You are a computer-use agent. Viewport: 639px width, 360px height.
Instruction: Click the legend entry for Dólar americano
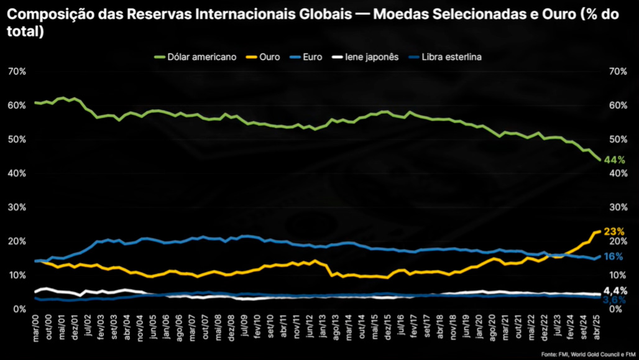click(196, 57)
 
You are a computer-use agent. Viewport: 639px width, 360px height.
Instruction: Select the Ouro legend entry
click(264, 57)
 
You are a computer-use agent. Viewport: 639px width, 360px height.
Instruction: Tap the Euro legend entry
click(306, 57)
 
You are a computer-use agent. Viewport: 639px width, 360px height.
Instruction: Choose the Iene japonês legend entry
click(365, 57)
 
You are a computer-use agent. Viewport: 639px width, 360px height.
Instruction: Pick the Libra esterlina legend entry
click(445, 57)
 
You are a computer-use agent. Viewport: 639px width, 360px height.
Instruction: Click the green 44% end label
click(614, 160)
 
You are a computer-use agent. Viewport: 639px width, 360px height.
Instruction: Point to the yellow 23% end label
click(614, 231)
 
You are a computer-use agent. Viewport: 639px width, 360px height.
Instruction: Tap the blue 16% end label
click(614, 256)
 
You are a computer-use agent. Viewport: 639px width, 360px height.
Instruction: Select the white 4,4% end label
click(615, 291)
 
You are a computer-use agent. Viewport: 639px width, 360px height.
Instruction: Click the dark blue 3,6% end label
click(614, 300)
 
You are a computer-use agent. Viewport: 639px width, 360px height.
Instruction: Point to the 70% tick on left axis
click(17, 72)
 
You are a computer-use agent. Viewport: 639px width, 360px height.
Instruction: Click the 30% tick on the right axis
click(618, 207)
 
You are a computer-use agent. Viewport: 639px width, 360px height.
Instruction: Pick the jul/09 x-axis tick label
click(244, 326)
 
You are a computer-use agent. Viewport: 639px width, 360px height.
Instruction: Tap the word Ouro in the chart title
click(558, 14)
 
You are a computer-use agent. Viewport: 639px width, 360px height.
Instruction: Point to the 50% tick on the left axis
click(17, 139)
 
